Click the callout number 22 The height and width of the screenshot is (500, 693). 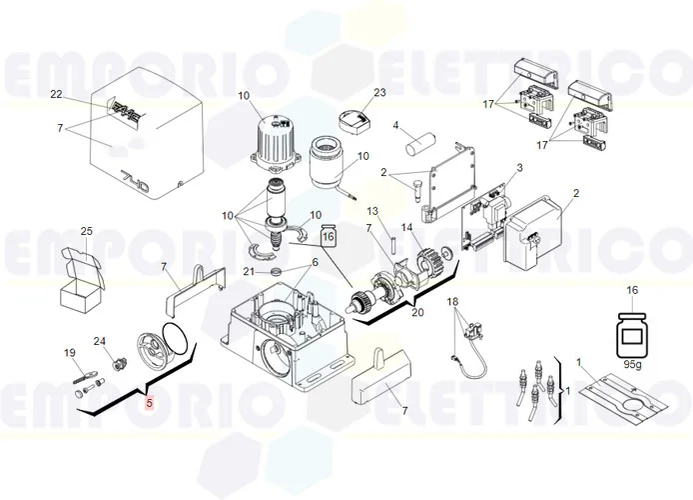pyautogui.click(x=56, y=95)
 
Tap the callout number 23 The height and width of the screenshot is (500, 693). pyautogui.click(x=379, y=93)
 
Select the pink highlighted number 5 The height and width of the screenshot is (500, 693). pyautogui.click(x=150, y=404)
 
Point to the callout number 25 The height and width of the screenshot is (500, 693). pyautogui.click(x=87, y=232)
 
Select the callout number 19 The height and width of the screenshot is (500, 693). pyautogui.click(x=70, y=352)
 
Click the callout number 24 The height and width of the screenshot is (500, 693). pyautogui.click(x=100, y=342)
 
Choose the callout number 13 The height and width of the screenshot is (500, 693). pyautogui.click(x=371, y=212)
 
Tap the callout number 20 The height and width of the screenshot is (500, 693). pyautogui.click(x=417, y=313)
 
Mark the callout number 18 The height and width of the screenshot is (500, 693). pyautogui.click(x=452, y=302)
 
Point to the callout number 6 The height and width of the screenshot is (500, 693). pyautogui.click(x=315, y=262)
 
